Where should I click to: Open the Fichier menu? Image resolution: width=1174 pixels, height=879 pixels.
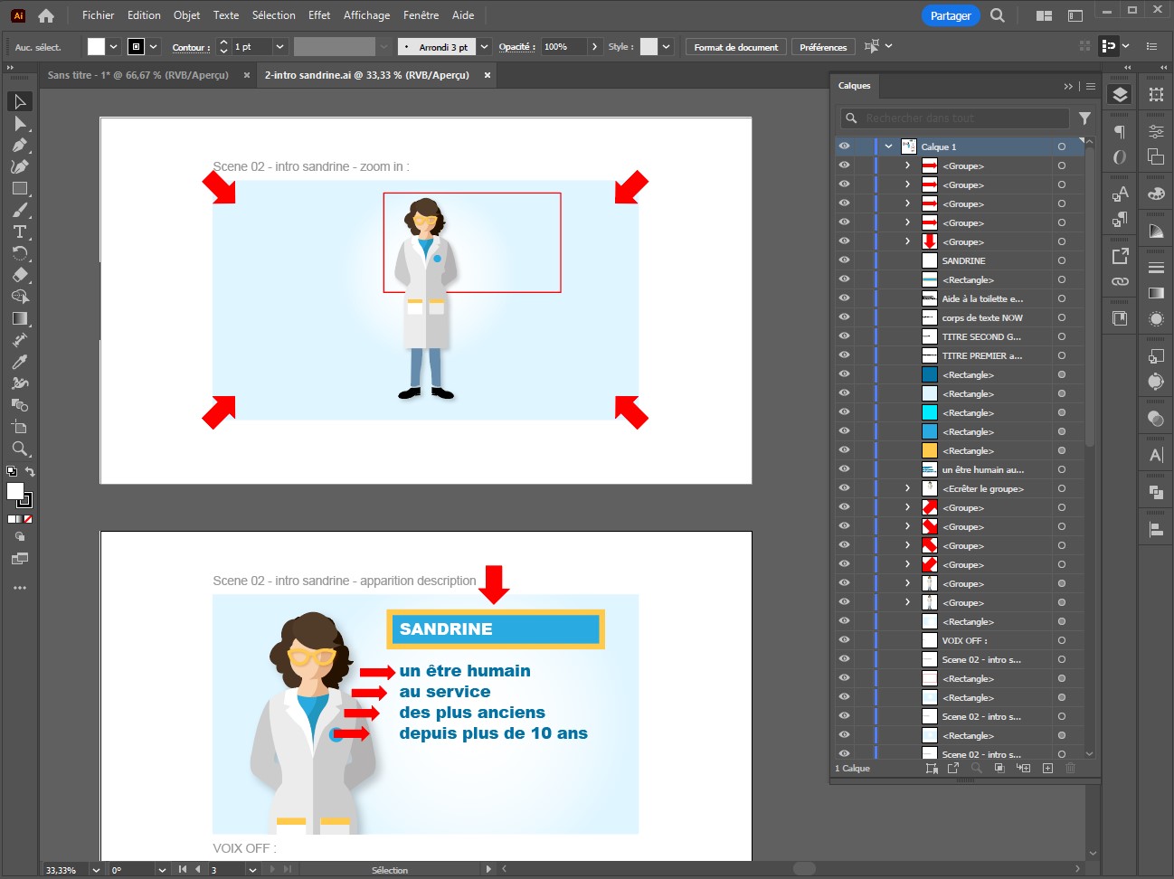[98, 15]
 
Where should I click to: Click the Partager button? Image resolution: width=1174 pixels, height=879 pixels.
[951, 16]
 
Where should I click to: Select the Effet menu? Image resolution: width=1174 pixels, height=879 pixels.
[319, 15]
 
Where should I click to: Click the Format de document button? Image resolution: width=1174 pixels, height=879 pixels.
[736, 47]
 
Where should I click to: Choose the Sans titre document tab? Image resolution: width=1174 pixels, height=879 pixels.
[138, 75]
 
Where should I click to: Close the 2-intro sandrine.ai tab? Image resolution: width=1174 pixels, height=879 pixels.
[488, 75]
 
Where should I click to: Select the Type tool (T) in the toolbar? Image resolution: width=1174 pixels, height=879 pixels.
[20, 232]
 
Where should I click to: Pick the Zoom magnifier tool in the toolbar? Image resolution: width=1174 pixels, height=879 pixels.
[20, 449]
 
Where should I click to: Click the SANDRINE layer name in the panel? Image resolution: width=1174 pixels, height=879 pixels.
[963, 261]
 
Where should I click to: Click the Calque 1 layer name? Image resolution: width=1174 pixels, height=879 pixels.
[938, 147]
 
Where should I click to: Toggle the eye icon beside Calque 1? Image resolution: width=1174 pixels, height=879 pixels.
[844, 146]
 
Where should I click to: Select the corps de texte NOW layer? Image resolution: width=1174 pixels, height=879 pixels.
[982, 318]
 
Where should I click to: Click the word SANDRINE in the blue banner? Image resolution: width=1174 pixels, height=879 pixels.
[446, 629]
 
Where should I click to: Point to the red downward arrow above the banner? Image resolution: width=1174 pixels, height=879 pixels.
[494, 584]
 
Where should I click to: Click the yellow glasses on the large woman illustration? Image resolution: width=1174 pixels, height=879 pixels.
[311, 656]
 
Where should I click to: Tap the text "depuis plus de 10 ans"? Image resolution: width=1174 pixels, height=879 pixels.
[493, 733]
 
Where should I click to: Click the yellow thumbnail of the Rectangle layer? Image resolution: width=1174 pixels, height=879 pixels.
[930, 450]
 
